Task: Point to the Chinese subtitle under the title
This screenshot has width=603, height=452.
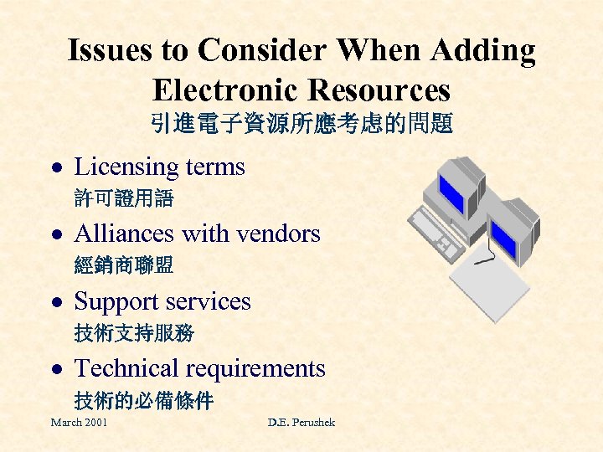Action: pos(301,125)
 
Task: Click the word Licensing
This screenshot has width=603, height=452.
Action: pos(128,167)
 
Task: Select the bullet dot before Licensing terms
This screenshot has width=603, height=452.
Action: pos(54,167)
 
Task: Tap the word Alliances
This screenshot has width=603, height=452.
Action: pos(125,234)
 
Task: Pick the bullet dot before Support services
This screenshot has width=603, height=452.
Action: pos(54,302)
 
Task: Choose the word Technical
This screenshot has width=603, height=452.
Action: pos(126,368)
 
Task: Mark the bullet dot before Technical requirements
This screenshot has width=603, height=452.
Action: pos(54,369)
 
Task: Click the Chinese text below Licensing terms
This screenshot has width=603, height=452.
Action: pos(123,199)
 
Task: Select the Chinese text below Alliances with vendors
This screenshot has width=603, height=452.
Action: pos(123,266)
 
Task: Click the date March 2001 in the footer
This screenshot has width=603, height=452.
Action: pos(79,423)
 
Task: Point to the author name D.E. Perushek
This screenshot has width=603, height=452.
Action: pos(301,423)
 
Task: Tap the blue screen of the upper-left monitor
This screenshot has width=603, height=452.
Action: pos(452,190)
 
